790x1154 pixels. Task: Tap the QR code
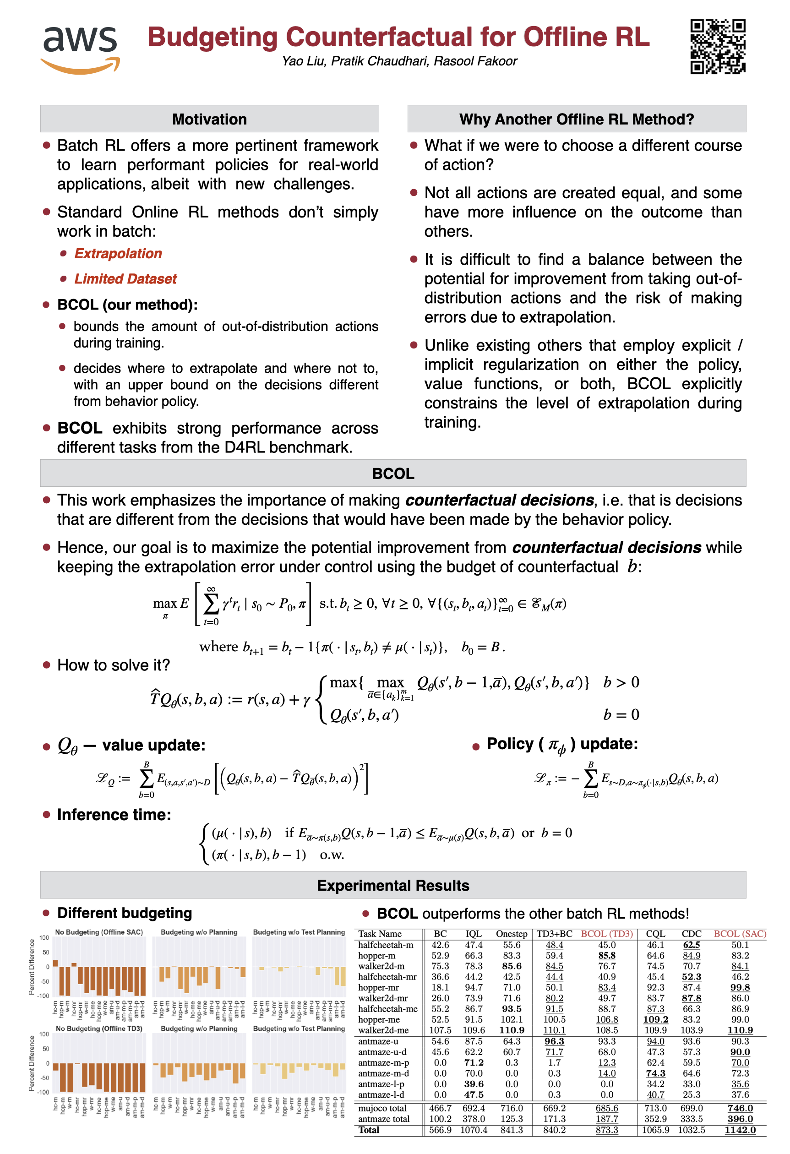(x=718, y=46)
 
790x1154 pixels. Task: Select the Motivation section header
(x=210, y=119)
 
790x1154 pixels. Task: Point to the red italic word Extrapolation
(x=118, y=254)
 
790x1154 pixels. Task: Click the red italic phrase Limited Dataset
(x=125, y=279)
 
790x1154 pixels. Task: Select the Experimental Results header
(x=393, y=885)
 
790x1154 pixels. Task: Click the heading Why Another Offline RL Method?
(x=577, y=119)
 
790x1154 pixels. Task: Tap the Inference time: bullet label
(x=114, y=815)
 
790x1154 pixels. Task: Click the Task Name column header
(x=380, y=934)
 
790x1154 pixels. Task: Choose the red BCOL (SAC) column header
(x=740, y=934)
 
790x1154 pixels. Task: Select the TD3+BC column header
(x=554, y=934)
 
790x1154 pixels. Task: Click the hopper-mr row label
(x=379, y=987)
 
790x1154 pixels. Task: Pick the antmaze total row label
(x=384, y=1119)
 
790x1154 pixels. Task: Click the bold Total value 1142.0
(x=740, y=1130)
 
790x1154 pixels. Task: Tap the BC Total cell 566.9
(x=440, y=1130)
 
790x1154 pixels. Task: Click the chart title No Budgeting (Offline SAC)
(x=99, y=932)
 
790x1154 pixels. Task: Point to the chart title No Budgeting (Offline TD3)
(x=99, y=1029)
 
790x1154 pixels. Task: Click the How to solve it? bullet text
(x=114, y=665)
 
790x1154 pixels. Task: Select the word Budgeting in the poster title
(x=212, y=37)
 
